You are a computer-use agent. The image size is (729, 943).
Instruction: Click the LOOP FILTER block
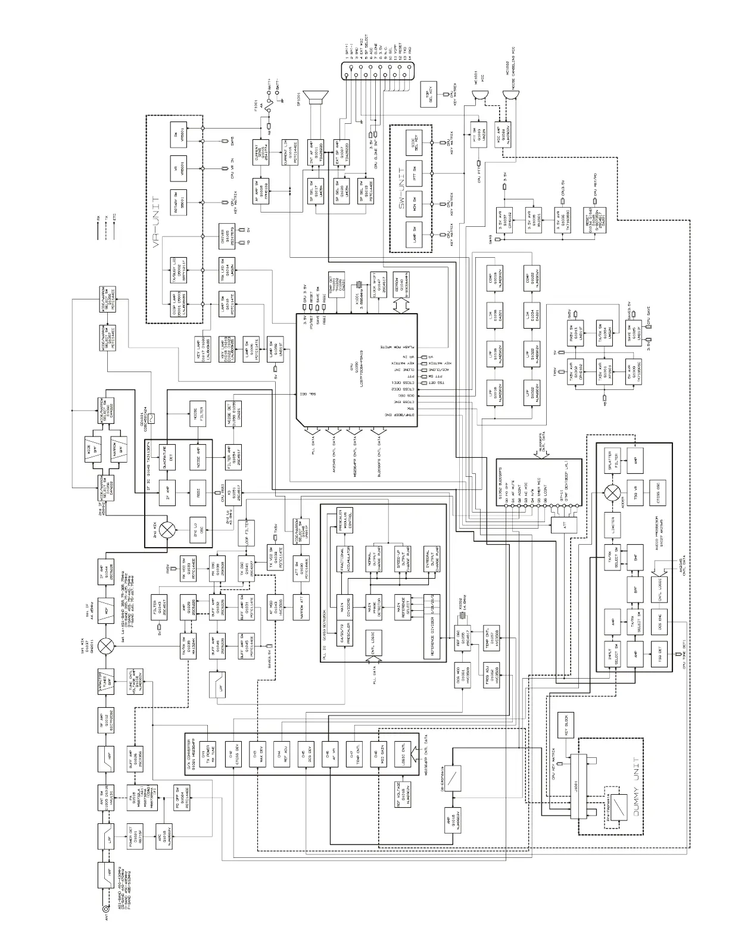tap(246, 529)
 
